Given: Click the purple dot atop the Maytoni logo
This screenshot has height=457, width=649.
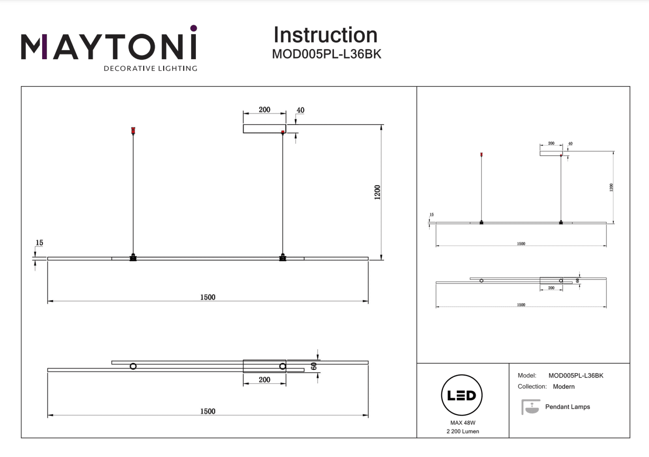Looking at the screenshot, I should [193, 28].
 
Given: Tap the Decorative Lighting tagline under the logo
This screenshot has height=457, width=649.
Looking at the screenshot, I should [150, 69].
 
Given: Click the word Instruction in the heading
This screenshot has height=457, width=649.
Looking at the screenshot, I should [325, 35].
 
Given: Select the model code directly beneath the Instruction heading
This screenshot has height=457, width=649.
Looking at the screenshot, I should [327, 54].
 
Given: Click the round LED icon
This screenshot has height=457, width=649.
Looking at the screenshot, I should [462, 395].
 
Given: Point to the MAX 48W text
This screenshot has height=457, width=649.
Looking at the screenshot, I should [463, 423].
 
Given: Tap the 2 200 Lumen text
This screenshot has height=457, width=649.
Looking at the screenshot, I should [463, 431].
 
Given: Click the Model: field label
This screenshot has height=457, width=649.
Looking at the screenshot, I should [527, 375].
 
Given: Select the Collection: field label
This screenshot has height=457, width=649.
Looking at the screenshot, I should [532, 386].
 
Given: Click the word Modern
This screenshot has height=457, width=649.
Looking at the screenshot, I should [564, 386].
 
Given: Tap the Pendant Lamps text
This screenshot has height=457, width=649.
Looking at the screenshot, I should [567, 407].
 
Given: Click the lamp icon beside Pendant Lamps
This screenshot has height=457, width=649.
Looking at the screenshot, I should [531, 407].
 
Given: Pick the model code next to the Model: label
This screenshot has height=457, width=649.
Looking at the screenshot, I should [576, 375].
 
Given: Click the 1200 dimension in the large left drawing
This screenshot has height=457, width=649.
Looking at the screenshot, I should [378, 192].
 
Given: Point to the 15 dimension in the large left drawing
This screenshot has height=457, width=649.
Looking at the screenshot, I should [39, 243].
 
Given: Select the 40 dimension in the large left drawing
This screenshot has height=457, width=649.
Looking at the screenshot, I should [300, 110].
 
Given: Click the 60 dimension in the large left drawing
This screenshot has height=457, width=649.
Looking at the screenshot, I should [314, 366].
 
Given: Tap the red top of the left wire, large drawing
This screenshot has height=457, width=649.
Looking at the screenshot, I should [133, 130].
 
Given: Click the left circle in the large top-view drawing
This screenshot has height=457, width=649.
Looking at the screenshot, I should [133, 367].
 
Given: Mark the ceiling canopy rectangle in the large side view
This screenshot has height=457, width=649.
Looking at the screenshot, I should [264, 129].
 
